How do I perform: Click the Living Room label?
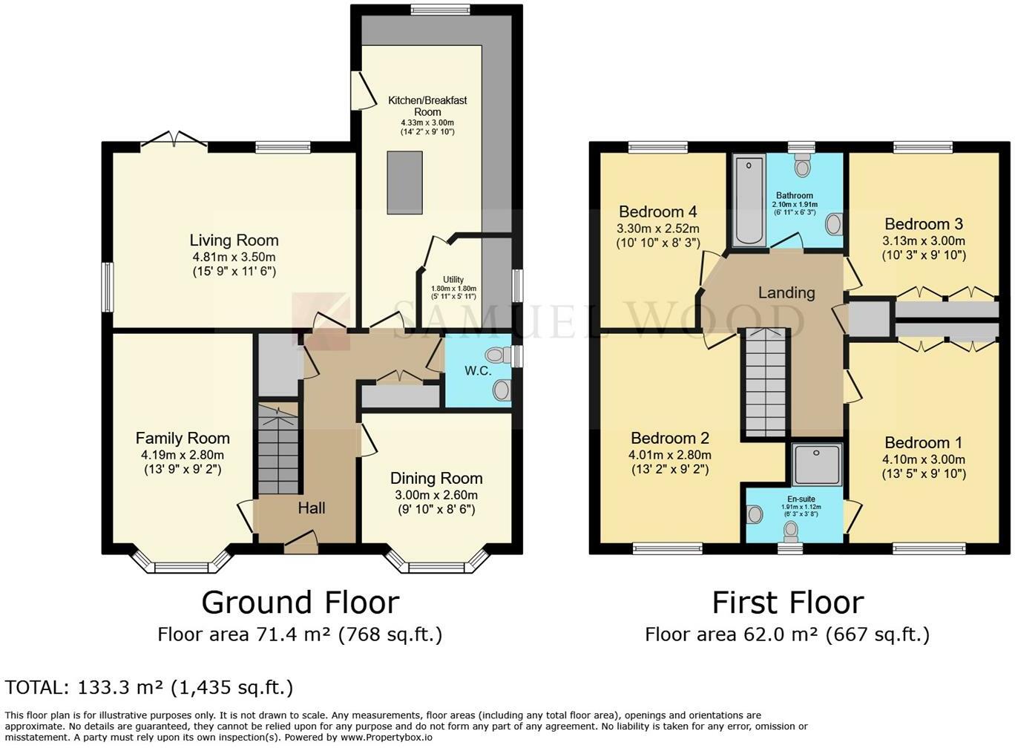[x=234, y=240]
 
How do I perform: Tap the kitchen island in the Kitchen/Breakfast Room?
[x=404, y=183]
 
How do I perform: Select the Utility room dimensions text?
[x=453, y=292]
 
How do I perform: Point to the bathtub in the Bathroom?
[x=749, y=200]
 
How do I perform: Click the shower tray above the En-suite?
[x=817, y=465]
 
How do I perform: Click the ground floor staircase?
[x=278, y=447]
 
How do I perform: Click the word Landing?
[x=786, y=292]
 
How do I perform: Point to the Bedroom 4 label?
[x=658, y=211]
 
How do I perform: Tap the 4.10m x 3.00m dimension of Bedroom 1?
[x=924, y=459]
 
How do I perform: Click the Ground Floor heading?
[x=300, y=603]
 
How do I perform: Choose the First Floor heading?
[x=788, y=603]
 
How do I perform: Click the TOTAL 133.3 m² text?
[x=149, y=688]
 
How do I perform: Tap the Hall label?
[x=312, y=508]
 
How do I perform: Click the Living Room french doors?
[x=174, y=139]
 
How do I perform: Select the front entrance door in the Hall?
[x=301, y=542]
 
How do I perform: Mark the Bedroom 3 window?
[x=924, y=147]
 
